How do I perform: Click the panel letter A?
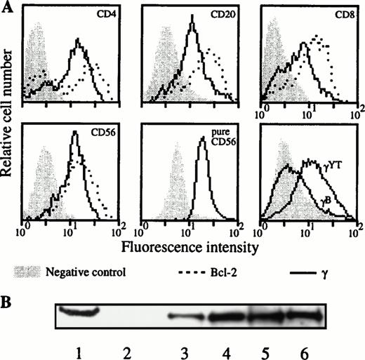pyautogui.click(x=6, y=6)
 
